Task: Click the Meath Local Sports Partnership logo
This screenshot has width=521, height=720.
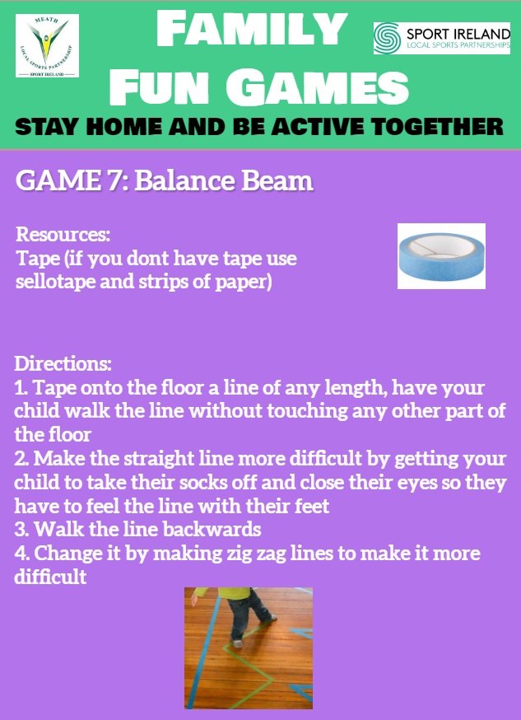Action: pyautogui.click(x=47, y=45)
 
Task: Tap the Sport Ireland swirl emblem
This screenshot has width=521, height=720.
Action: pyautogui.click(x=388, y=38)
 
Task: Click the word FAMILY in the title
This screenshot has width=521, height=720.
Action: pyautogui.click(x=251, y=30)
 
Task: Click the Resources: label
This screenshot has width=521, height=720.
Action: pyautogui.click(x=63, y=235)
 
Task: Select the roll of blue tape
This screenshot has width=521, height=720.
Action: pyautogui.click(x=441, y=255)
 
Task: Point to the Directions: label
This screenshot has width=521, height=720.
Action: pyautogui.click(x=63, y=363)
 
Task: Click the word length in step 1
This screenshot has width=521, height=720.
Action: pyautogui.click(x=352, y=389)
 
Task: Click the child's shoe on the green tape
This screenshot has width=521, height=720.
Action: pyautogui.click(x=237, y=643)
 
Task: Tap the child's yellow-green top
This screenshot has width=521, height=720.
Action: pyautogui.click(x=223, y=593)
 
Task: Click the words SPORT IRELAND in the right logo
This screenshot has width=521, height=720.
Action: pyautogui.click(x=458, y=34)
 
